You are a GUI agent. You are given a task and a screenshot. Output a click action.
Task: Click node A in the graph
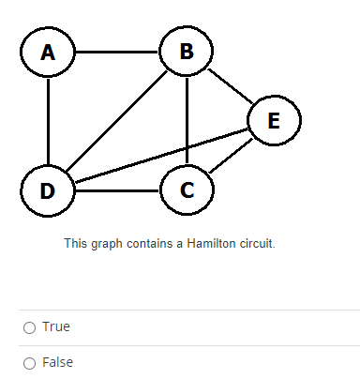coord(47,53)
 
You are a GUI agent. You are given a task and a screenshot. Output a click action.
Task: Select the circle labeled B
coord(187,52)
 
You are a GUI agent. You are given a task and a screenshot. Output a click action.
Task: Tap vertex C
coord(187,189)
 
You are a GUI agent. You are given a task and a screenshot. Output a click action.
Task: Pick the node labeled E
coord(273,120)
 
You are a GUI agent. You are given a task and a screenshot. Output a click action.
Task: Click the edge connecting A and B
coord(116,52)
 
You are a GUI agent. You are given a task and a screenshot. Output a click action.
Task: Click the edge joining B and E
coord(230,86)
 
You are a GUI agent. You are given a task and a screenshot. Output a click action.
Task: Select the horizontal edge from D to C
coord(117,190)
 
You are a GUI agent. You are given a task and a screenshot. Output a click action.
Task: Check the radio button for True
coord(29,326)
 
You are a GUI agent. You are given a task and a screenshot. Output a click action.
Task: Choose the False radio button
coord(29,362)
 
